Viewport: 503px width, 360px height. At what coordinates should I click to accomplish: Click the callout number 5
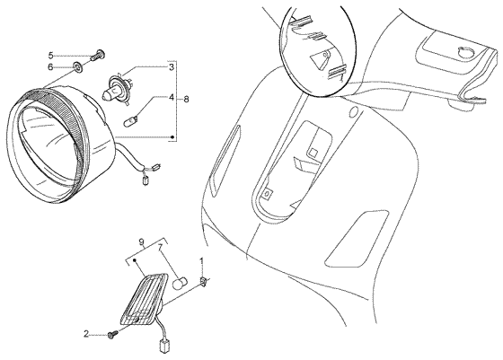pyautogui.click(x=50, y=56)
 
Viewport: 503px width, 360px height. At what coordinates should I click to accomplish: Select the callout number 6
pyautogui.click(x=50, y=67)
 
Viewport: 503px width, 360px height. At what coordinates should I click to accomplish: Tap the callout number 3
pyautogui.click(x=172, y=67)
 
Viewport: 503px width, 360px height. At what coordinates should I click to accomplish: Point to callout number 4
pyautogui.click(x=172, y=97)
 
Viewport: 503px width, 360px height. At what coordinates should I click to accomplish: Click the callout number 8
pyautogui.click(x=186, y=100)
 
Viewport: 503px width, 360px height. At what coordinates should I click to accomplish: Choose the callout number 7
pyautogui.click(x=161, y=247)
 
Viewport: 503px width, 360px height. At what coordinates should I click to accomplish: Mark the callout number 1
pyautogui.click(x=202, y=261)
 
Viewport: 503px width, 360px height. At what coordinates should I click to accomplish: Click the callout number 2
pyautogui.click(x=85, y=334)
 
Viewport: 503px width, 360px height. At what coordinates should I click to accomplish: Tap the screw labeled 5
pyautogui.click(x=98, y=55)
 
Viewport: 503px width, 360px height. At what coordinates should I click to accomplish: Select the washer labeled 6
pyautogui.click(x=78, y=66)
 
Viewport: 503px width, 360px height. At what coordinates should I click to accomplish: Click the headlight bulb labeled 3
pyautogui.click(x=117, y=87)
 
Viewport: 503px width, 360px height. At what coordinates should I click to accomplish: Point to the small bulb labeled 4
pyautogui.click(x=130, y=121)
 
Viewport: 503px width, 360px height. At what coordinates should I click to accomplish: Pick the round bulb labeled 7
pyautogui.click(x=180, y=283)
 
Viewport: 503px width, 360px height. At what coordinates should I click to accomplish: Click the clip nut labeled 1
pyautogui.click(x=203, y=282)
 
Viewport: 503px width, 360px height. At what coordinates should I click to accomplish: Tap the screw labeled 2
pyautogui.click(x=112, y=335)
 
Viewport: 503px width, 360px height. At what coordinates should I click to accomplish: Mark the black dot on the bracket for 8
pyautogui.click(x=172, y=136)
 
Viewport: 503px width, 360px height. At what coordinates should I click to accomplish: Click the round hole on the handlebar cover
pyautogui.click(x=466, y=53)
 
